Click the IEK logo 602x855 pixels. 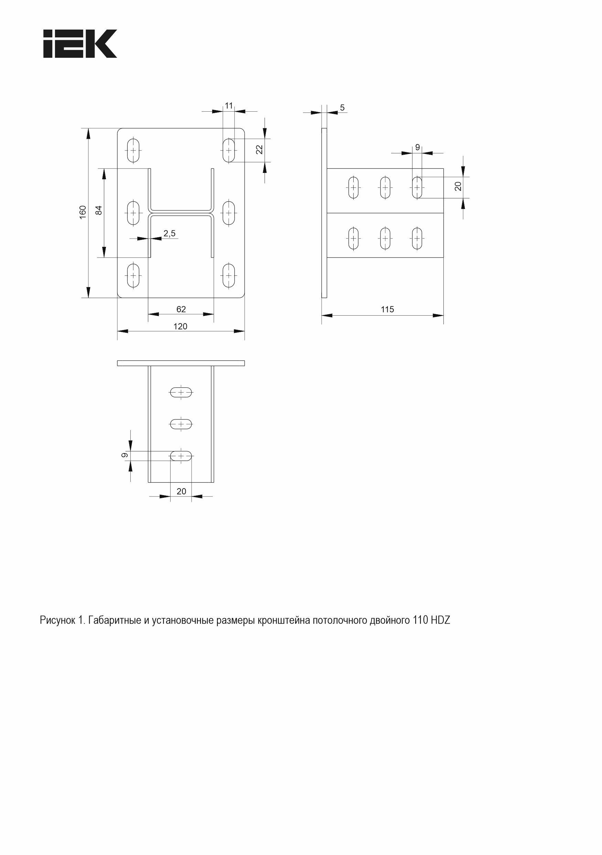80,44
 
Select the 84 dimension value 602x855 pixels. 99,210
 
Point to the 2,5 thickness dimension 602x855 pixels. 170,233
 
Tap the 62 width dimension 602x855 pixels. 181,309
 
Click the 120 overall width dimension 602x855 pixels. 180,326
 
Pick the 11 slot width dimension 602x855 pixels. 229,106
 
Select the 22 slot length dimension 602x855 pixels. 260,149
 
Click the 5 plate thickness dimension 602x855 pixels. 342,108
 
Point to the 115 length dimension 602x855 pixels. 387,309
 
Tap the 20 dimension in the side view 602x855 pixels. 458,186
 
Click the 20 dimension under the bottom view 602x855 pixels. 181,491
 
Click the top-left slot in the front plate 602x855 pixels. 133,151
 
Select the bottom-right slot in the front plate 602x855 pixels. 229,276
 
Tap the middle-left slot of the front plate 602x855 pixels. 133,213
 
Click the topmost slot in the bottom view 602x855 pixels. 181,392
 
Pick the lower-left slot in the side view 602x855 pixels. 354,238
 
